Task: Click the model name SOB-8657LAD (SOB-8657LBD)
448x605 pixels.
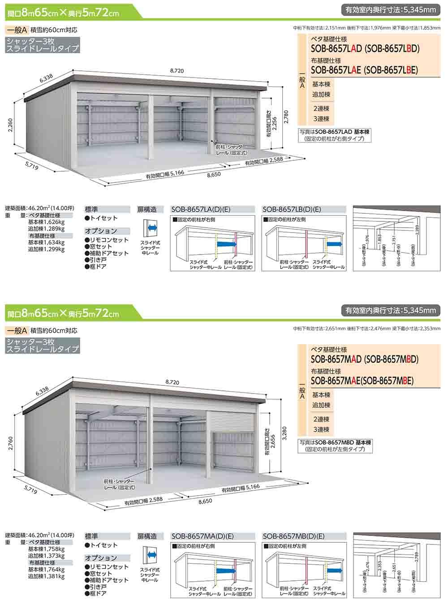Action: [x=365, y=49]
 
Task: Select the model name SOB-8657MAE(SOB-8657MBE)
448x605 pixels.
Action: [x=362, y=380]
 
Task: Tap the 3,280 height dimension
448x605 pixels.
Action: [x=284, y=433]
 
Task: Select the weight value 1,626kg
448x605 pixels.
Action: [x=53, y=221]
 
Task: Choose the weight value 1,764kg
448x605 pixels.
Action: [x=53, y=570]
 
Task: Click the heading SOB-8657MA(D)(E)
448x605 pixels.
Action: [x=202, y=536]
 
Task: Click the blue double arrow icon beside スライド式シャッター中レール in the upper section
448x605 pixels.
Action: [x=151, y=229]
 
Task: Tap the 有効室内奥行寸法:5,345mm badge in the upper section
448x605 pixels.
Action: [x=391, y=8]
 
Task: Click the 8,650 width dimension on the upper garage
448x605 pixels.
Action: [x=214, y=175]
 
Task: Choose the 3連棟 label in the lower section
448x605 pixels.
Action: [x=321, y=430]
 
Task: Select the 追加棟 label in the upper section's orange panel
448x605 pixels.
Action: [x=321, y=95]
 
